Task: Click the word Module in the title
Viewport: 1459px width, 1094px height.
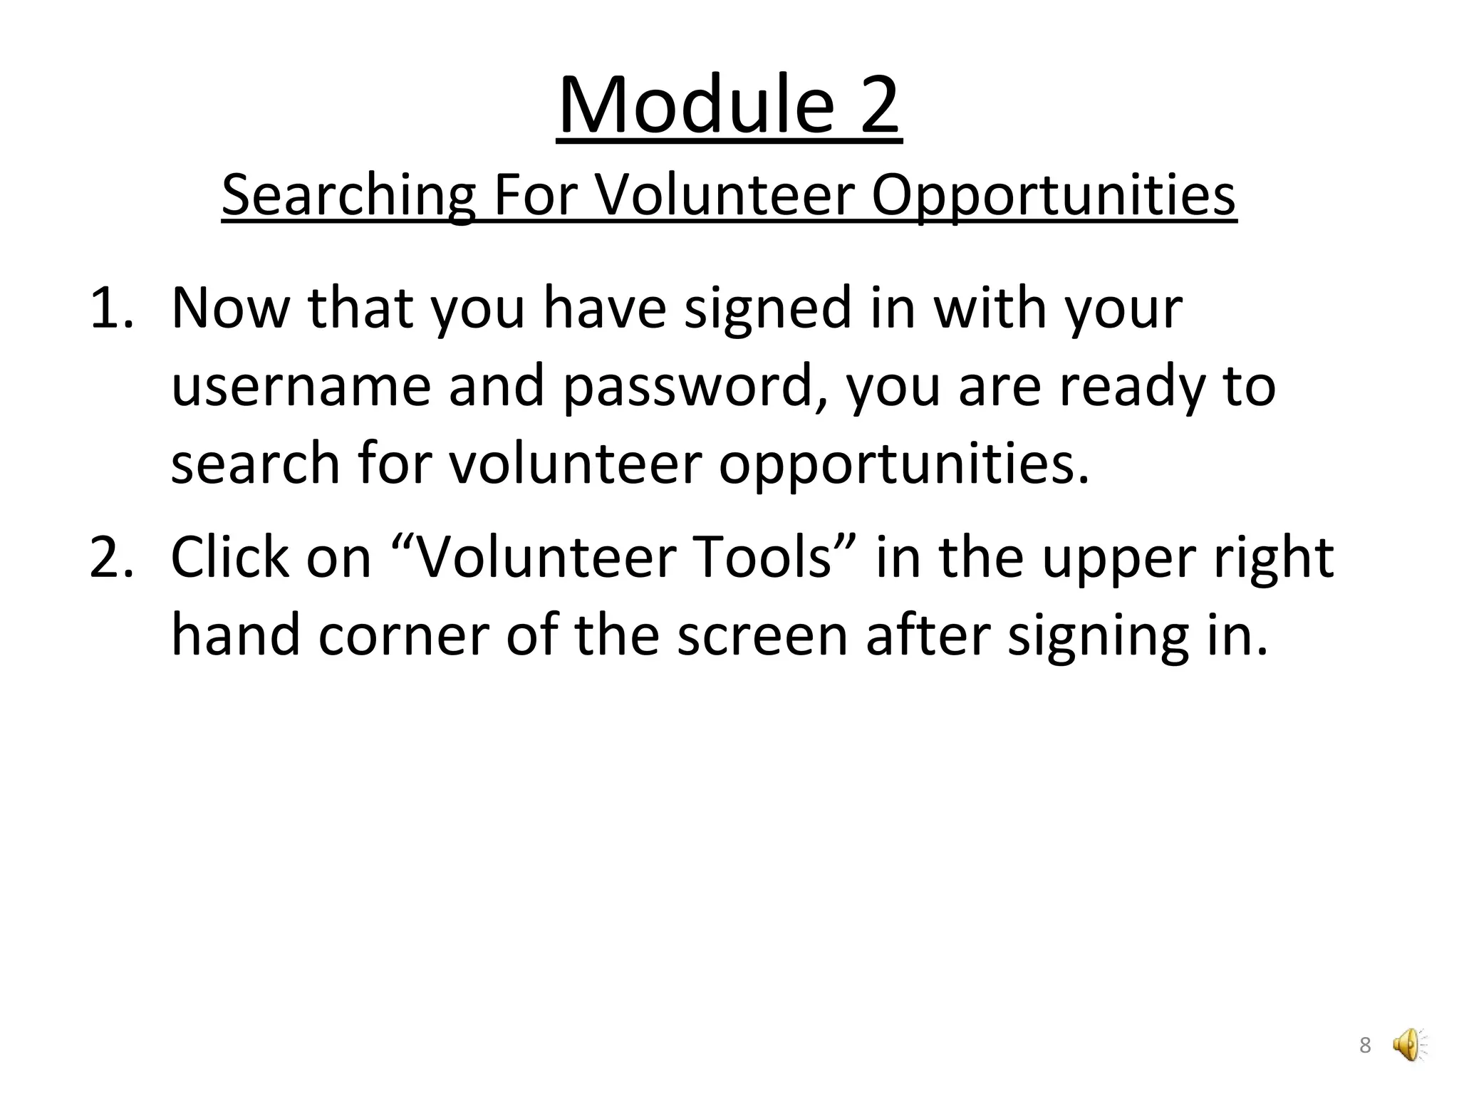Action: coord(696,106)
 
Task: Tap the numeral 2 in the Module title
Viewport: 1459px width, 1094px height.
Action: coord(879,106)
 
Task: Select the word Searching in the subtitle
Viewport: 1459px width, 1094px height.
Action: coord(348,195)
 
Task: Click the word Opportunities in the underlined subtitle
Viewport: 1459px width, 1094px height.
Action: coord(1054,195)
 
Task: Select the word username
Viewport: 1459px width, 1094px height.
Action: coord(301,386)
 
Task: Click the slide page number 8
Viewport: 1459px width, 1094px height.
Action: coord(1365,1046)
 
